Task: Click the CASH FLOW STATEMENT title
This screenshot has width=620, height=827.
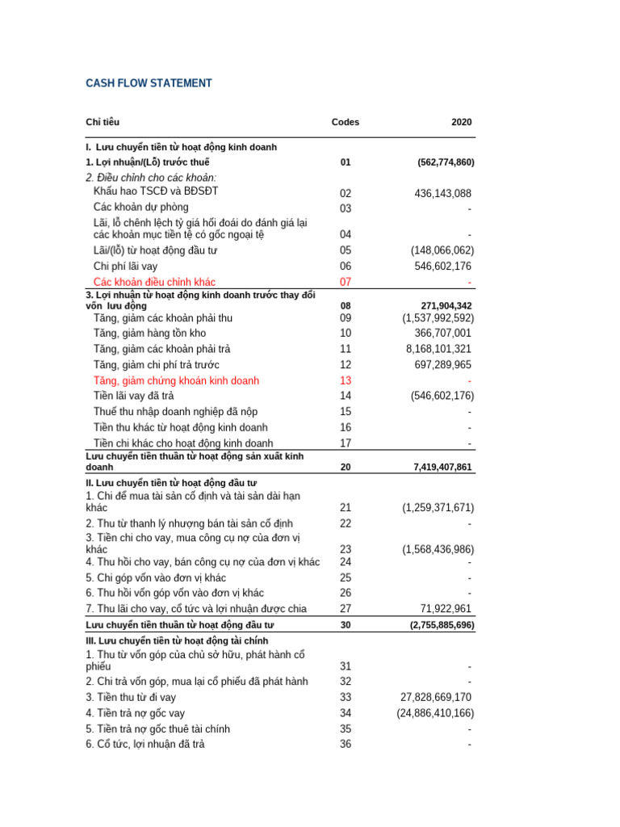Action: pos(149,83)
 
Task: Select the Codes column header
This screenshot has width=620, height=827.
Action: pos(346,122)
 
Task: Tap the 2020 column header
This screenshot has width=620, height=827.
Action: pos(462,122)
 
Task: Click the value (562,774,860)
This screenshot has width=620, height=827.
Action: pos(446,162)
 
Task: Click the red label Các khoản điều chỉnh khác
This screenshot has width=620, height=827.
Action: pos(154,282)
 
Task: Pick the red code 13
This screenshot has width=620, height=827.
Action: pos(346,380)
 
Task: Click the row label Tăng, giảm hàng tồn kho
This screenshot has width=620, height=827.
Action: pos(149,334)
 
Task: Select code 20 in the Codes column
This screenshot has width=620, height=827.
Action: pos(346,468)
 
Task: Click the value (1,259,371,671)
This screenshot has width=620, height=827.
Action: pos(438,508)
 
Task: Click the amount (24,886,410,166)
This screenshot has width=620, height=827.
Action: pos(435,713)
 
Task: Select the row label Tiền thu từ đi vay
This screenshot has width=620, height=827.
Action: pos(131,697)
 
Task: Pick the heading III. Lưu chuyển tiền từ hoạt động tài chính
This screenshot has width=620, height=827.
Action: pos(177,640)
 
